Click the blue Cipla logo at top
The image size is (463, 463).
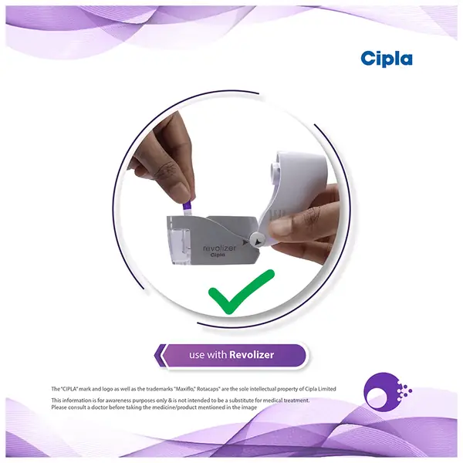(387, 59)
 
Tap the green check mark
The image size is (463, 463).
(242, 292)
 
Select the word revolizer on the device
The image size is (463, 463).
(220, 248)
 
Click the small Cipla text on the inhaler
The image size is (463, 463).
(218, 255)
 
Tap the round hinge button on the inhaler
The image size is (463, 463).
(257, 239)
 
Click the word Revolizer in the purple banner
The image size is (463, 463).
(252, 355)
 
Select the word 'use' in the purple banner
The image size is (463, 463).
(197, 355)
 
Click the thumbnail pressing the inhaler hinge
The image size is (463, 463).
(278, 227)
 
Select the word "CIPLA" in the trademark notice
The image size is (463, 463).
(69, 389)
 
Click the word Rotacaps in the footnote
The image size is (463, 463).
(209, 389)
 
